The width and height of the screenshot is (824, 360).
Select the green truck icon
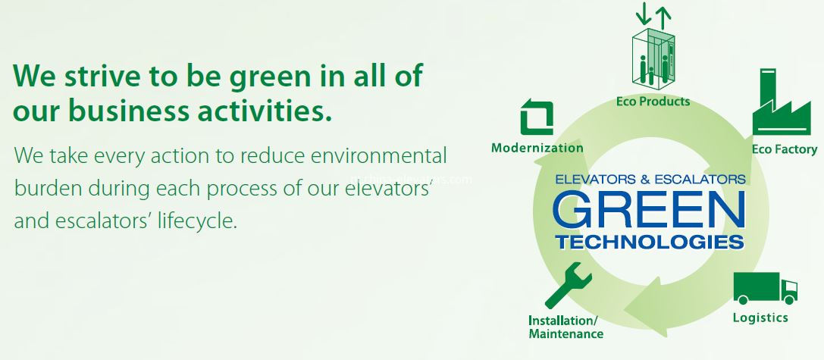click(765, 289)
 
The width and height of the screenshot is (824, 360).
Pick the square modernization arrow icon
click(537, 118)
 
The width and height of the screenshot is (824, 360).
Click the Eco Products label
click(652, 101)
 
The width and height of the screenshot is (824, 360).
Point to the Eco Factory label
click(785, 149)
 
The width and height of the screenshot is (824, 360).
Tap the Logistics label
click(760, 318)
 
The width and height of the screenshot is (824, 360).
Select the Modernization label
click(537, 148)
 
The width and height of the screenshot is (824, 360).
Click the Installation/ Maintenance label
click(566, 327)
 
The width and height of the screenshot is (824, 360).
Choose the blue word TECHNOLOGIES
click(649, 243)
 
